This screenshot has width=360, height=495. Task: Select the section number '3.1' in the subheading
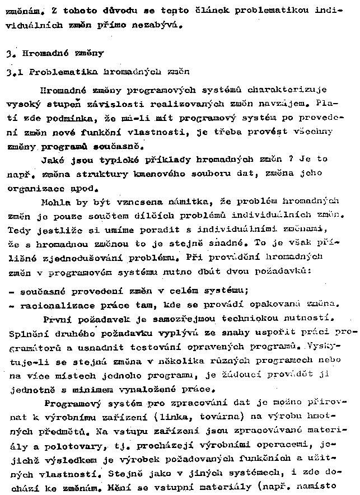(x=13, y=72)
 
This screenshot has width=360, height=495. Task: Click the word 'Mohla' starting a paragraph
(x=55, y=200)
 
